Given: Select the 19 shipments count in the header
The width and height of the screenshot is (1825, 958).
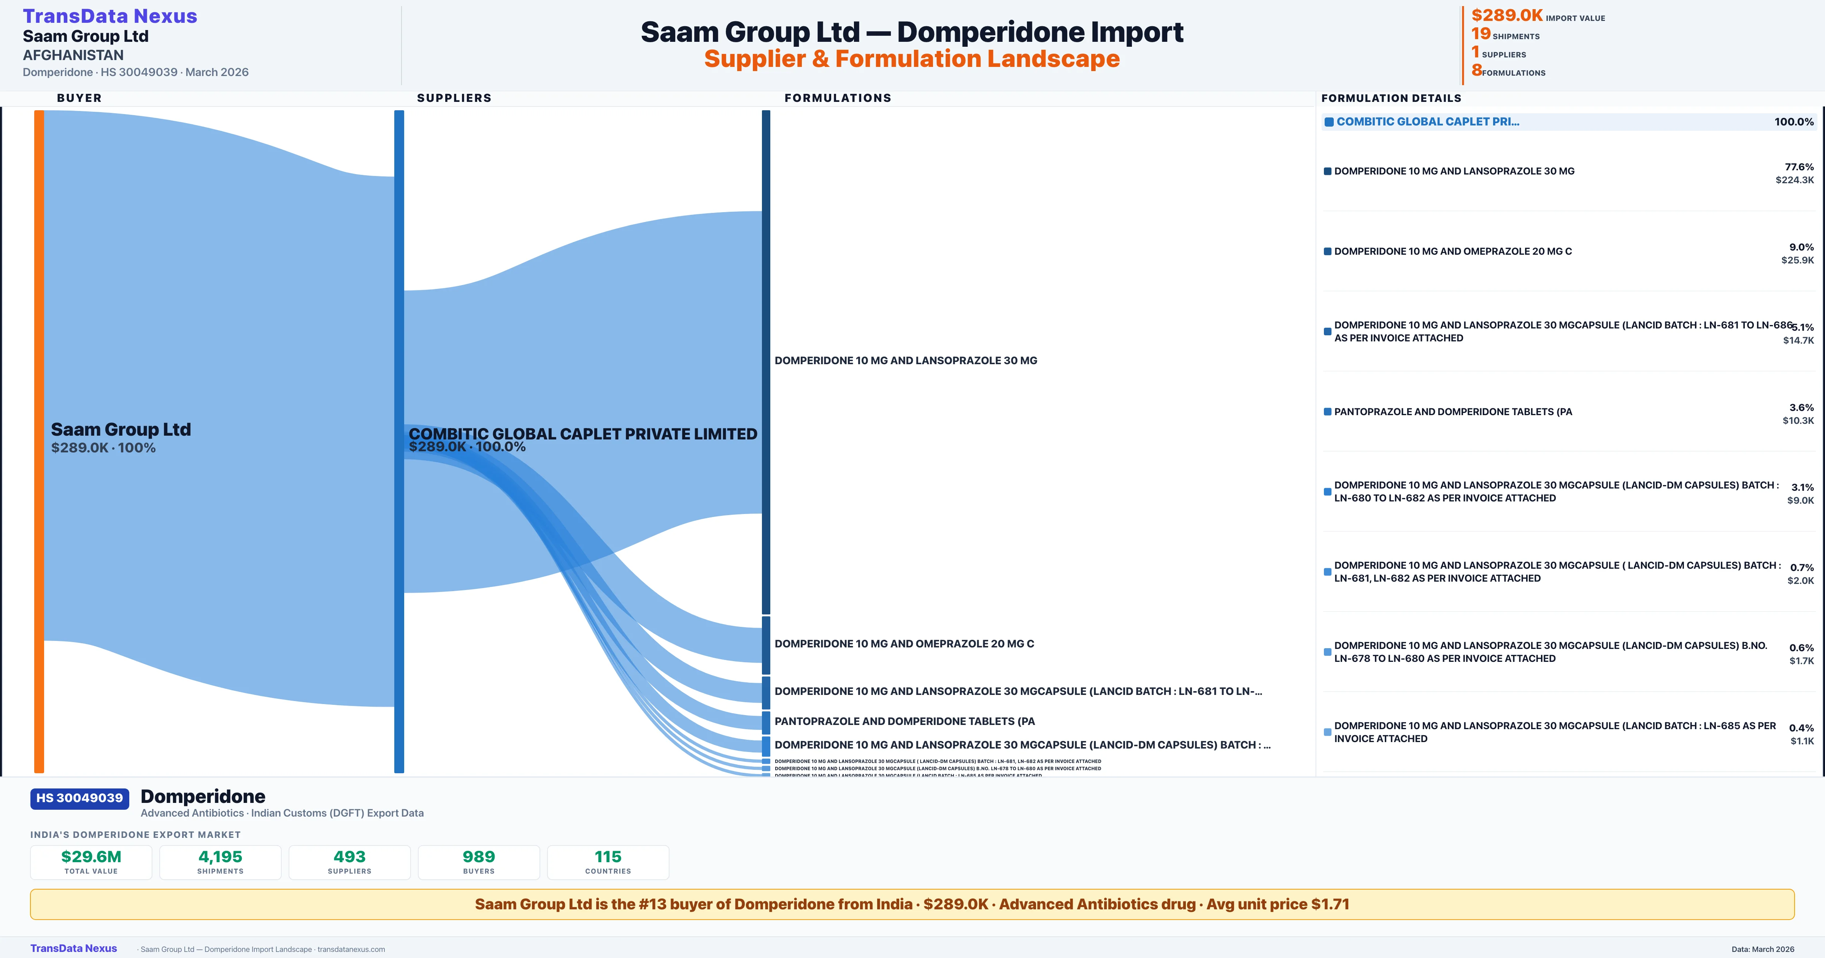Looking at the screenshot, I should click(x=1481, y=34).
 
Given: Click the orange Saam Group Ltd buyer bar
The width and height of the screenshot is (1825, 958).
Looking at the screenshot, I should click(x=39, y=439).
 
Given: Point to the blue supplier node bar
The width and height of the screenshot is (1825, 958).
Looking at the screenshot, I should click(x=399, y=439).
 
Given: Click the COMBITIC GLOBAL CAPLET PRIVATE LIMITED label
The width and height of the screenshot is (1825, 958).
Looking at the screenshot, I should click(x=582, y=434).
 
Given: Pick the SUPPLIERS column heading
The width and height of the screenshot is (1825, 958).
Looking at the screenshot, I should click(x=454, y=98).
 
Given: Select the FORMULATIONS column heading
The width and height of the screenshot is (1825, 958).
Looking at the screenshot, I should click(x=837, y=98).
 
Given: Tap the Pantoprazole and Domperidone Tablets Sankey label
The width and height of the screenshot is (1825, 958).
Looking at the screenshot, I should click(x=904, y=721).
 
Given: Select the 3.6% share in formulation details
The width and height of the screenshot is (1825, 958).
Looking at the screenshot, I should click(x=1801, y=408).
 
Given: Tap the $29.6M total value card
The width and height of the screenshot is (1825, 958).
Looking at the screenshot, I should click(x=91, y=862).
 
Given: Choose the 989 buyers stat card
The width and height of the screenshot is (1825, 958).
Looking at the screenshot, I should click(x=479, y=862).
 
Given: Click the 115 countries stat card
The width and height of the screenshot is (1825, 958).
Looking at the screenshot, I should click(x=608, y=862).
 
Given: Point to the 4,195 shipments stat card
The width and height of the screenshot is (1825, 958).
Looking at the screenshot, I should click(x=221, y=862).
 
